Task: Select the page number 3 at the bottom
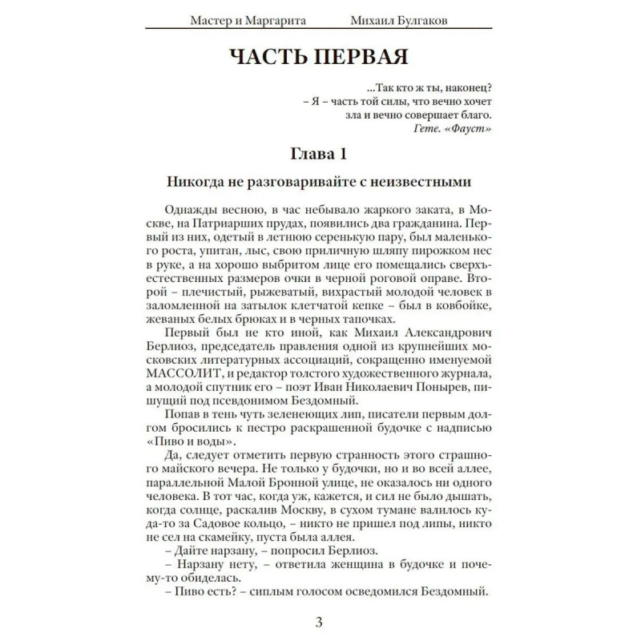click(319, 623)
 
